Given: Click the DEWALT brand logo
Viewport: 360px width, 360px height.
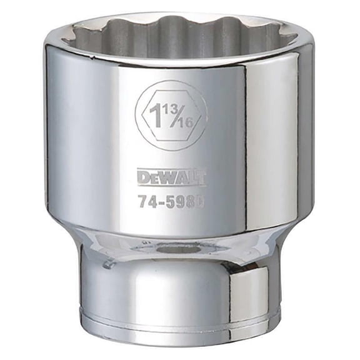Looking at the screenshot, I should point(171,178).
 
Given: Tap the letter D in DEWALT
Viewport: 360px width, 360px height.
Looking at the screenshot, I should point(143,178).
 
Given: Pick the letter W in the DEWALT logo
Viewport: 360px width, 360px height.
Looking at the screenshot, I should point(166,178).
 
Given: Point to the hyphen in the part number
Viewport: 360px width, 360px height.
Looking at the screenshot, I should point(162,202).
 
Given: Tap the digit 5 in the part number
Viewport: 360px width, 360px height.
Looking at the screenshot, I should point(171,202).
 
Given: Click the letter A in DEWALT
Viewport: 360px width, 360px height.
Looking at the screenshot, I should point(179,178).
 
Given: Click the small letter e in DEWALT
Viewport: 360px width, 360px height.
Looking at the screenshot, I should point(153,179).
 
